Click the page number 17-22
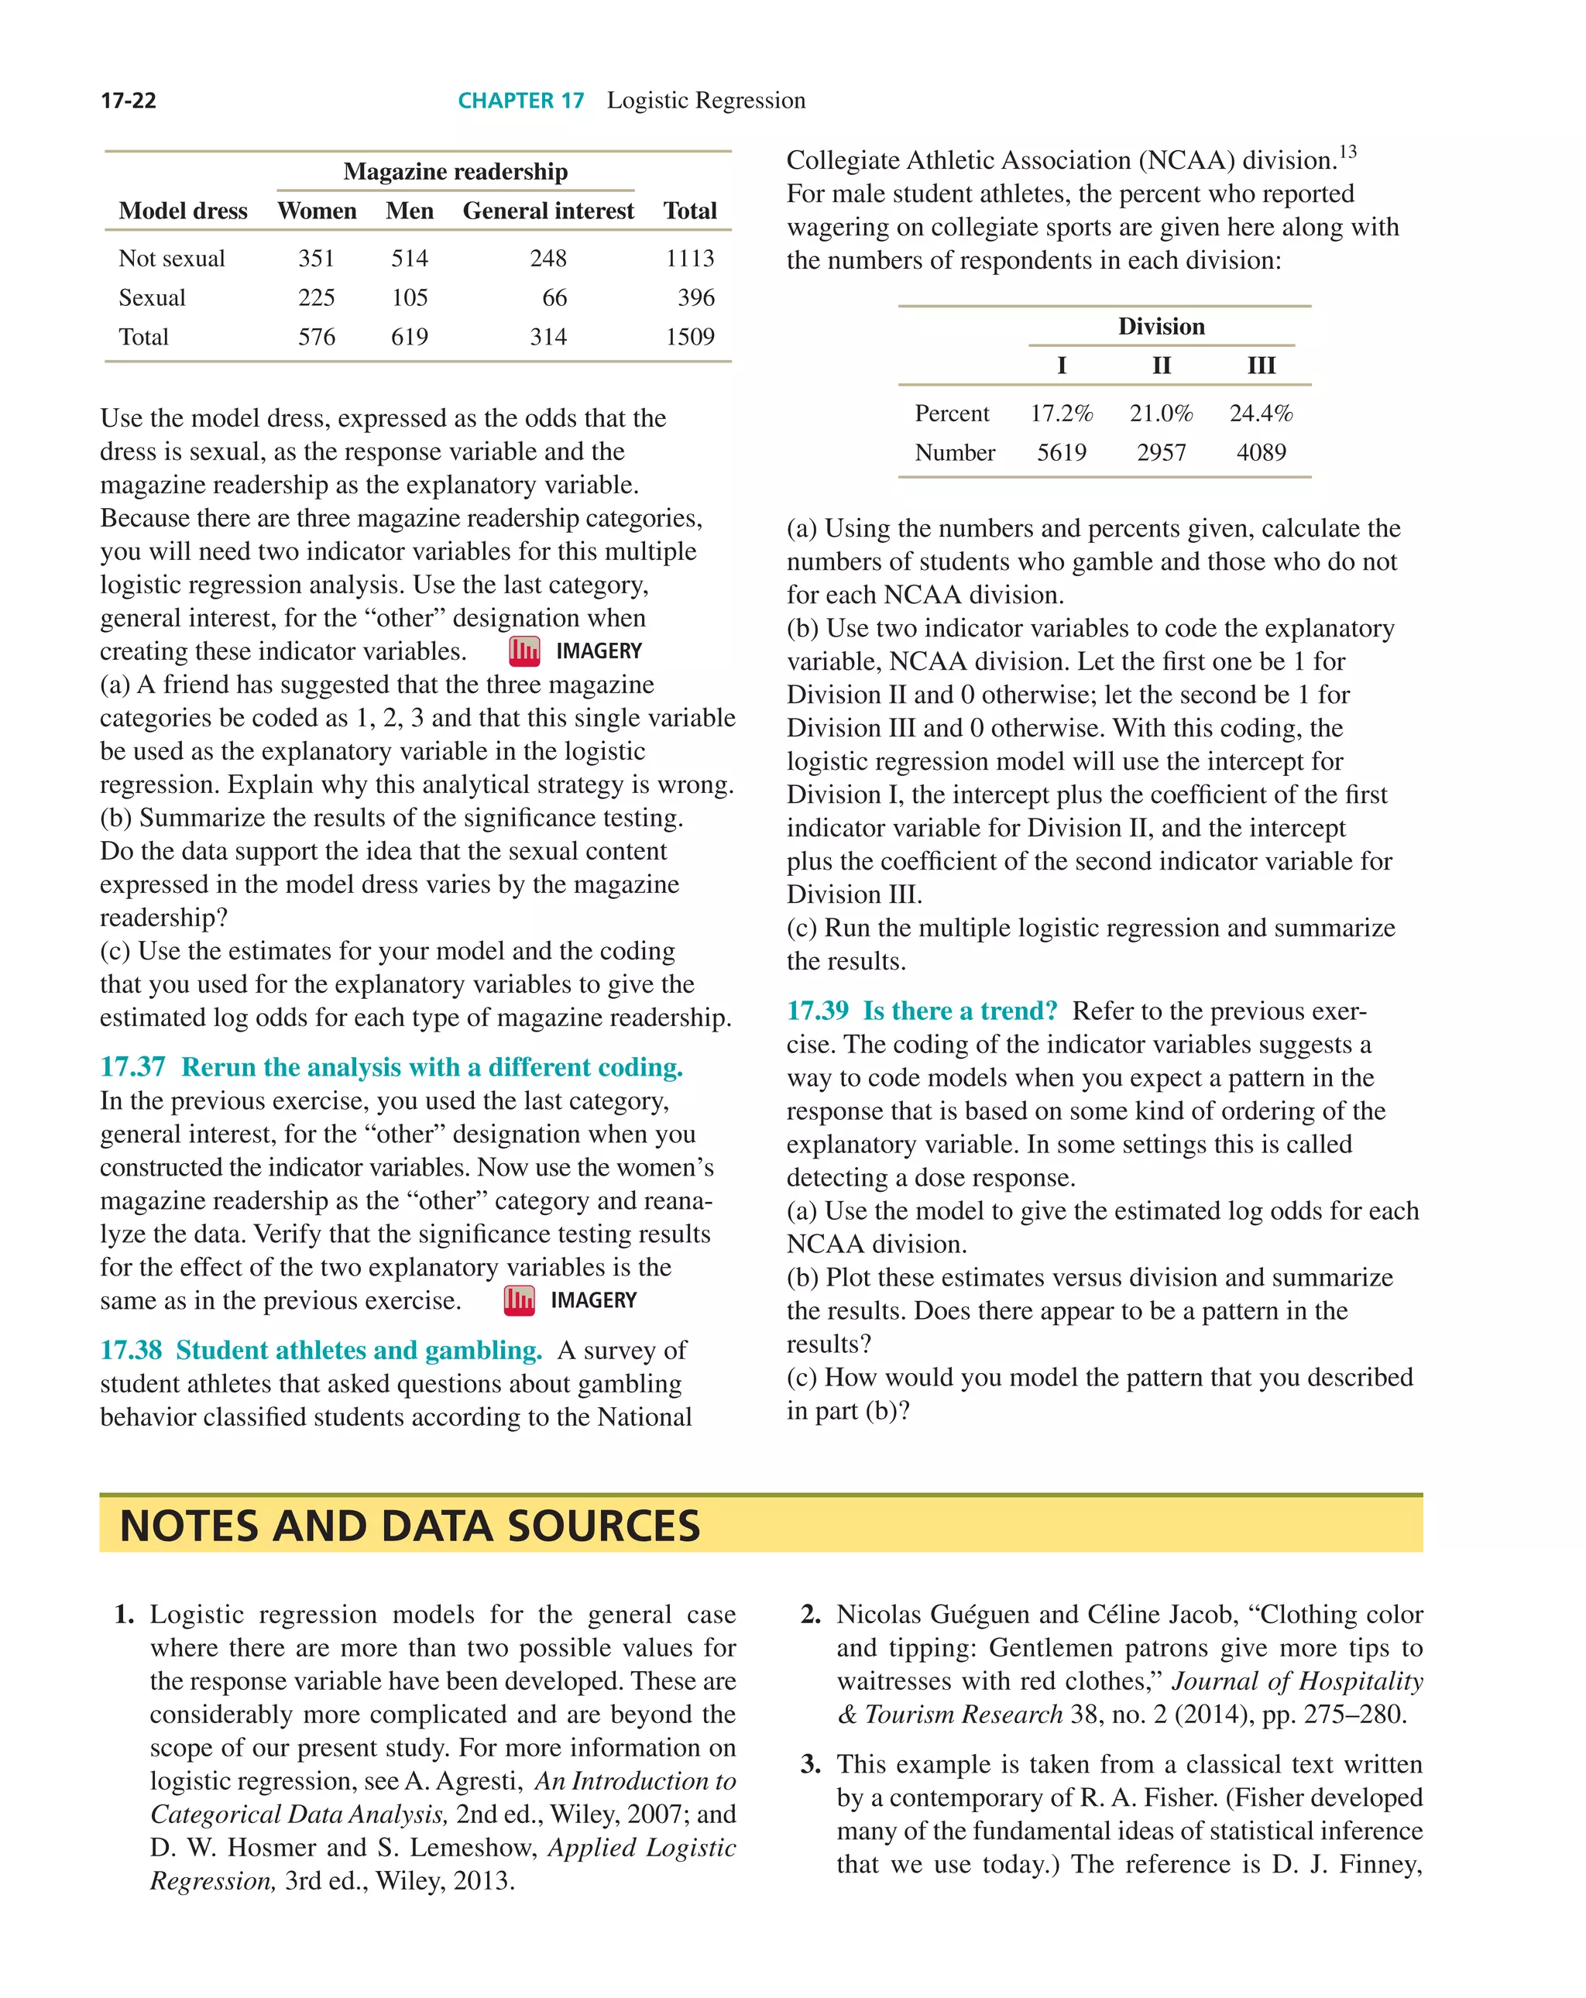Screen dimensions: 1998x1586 (x=128, y=100)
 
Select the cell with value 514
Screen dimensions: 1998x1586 (x=409, y=259)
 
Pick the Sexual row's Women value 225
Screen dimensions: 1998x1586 (x=316, y=297)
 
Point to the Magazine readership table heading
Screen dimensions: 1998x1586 (x=455, y=171)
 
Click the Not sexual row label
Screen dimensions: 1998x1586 (x=171, y=259)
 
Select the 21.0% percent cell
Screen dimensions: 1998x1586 (x=1161, y=414)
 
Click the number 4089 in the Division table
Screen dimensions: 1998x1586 (x=1261, y=452)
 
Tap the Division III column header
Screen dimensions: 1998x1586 (x=1261, y=365)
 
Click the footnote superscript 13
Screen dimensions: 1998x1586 (x=1347, y=151)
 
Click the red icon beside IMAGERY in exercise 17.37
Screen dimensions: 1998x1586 (x=519, y=1300)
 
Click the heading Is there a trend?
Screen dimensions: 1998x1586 (x=959, y=1011)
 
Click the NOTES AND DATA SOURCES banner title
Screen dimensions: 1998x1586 (x=410, y=1526)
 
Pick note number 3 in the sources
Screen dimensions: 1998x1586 (x=810, y=1764)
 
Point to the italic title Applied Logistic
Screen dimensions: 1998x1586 (x=641, y=1847)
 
